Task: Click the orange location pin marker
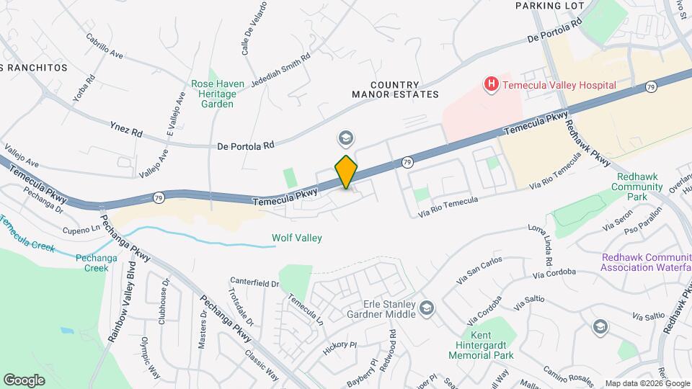[x=347, y=172]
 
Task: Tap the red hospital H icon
[x=492, y=85]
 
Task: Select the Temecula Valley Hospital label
[x=559, y=85]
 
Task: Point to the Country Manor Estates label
[x=395, y=89]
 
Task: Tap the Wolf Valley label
[x=296, y=238]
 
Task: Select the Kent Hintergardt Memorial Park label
[x=481, y=345]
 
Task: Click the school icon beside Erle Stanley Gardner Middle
[x=427, y=308]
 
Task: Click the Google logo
[x=25, y=380]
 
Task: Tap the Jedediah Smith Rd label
[x=280, y=70]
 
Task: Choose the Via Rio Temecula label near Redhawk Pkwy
[x=555, y=176]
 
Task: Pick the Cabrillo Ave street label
[x=105, y=46]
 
